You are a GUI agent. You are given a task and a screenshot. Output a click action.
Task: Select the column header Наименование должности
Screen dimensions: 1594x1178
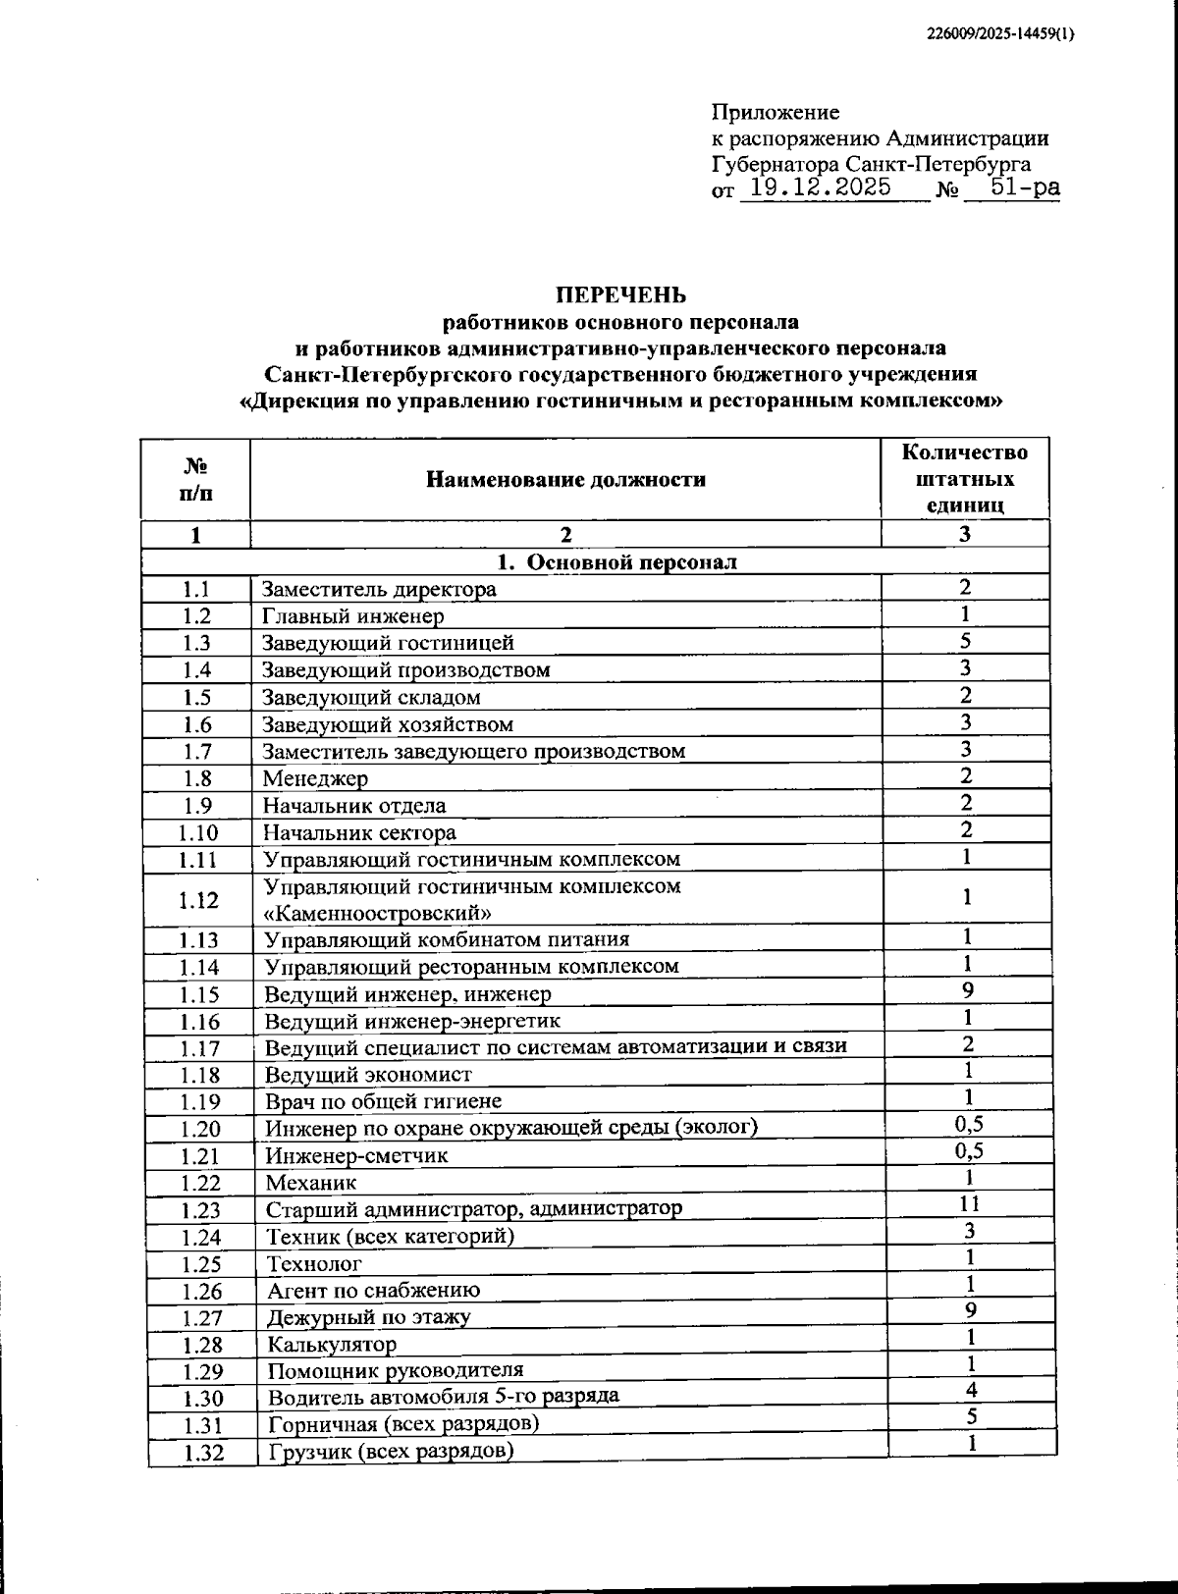(x=565, y=479)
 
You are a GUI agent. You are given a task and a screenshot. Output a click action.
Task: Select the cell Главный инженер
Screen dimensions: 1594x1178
(x=352, y=616)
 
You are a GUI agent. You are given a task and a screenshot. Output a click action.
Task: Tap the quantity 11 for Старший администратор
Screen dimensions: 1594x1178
(x=968, y=1203)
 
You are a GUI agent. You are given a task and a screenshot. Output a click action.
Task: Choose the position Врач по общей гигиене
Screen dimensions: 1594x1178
(x=384, y=1101)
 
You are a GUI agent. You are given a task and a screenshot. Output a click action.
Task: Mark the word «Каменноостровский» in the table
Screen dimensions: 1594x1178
(x=378, y=913)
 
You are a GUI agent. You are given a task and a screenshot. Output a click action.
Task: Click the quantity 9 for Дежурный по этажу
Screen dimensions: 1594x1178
(x=969, y=1310)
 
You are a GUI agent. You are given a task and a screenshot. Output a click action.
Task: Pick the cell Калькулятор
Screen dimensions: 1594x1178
(x=332, y=1344)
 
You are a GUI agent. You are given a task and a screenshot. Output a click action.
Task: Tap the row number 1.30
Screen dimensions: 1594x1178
(x=202, y=1398)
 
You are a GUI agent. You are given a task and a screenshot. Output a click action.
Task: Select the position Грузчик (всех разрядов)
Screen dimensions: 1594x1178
(x=391, y=1451)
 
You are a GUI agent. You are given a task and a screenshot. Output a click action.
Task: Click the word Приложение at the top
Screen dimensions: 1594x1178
(x=775, y=112)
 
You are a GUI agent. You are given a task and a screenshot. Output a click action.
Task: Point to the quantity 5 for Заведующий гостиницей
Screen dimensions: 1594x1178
(x=966, y=642)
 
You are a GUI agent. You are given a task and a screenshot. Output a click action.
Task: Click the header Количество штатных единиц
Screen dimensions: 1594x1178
(x=965, y=479)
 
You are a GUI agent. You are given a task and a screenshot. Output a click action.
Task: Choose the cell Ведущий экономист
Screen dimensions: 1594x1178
(x=368, y=1075)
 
